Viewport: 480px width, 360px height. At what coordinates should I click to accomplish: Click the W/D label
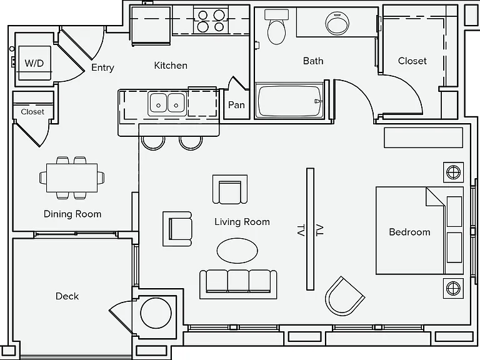(x=34, y=63)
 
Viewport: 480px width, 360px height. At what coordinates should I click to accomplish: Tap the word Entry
(x=103, y=67)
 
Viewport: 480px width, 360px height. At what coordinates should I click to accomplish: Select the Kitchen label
(x=171, y=66)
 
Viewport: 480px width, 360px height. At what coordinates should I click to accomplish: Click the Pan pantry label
(x=236, y=105)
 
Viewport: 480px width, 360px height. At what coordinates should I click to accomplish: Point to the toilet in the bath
(x=276, y=27)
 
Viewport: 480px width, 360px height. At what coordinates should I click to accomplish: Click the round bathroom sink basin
(x=337, y=23)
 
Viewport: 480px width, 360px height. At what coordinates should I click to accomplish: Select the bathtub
(x=289, y=101)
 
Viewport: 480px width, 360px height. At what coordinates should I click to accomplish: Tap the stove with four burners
(x=211, y=20)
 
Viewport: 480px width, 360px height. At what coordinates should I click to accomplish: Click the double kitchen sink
(x=167, y=103)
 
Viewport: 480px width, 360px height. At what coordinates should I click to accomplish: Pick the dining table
(x=72, y=178)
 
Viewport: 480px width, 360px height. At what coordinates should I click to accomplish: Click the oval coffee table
(x=237, y=251)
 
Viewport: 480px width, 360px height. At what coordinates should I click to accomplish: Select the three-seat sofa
(x=238, y=284)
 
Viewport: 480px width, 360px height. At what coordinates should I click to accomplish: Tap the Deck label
(x=67, y=296)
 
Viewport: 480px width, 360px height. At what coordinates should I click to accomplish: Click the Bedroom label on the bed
(x=409, y=232)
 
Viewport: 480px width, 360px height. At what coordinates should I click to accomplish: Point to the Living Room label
(x=242, y=222)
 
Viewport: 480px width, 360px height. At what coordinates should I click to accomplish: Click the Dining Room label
(x=72, y=214)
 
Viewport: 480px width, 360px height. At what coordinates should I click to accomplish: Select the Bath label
(x=313, y=61)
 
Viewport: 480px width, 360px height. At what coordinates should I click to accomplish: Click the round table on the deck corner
(x=156, y=313)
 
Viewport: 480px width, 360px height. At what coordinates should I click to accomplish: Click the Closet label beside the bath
(x=412, y=61)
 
